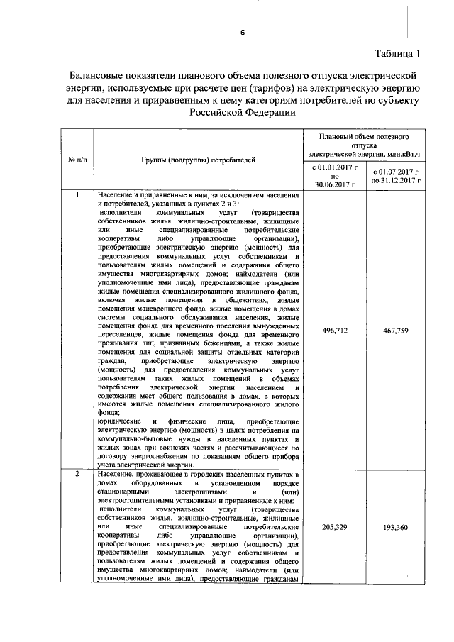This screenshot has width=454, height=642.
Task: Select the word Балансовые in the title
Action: [x=95, y=74]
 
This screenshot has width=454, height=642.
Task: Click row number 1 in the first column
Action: [x=77, y=194]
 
